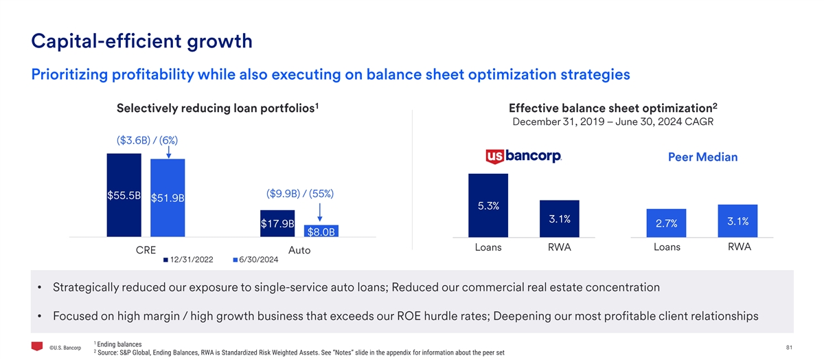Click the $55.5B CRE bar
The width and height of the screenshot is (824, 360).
(x=124, y=195)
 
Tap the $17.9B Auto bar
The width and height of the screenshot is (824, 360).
(x=277, y=223)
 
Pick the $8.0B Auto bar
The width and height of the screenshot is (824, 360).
(x=321, y=231)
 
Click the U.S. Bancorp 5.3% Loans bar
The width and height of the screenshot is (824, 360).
(x=488, y=205)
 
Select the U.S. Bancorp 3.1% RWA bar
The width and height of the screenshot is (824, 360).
(x=560, y=219)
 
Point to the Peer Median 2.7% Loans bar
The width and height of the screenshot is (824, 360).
(x=666, y=223)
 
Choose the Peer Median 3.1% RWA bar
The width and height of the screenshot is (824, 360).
(x=737, y=221)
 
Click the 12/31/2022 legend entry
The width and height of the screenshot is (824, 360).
(x=188, y=260)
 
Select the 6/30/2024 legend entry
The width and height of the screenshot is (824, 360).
(x=255, y=260)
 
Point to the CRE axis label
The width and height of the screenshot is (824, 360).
(x=146, y=250)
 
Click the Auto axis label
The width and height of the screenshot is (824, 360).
(x=299, y=251)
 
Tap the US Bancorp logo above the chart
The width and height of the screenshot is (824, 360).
(x=523, y=157)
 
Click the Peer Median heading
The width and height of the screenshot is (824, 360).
(x=702, y=157)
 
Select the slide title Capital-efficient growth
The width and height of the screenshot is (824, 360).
(x=142, y=41)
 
